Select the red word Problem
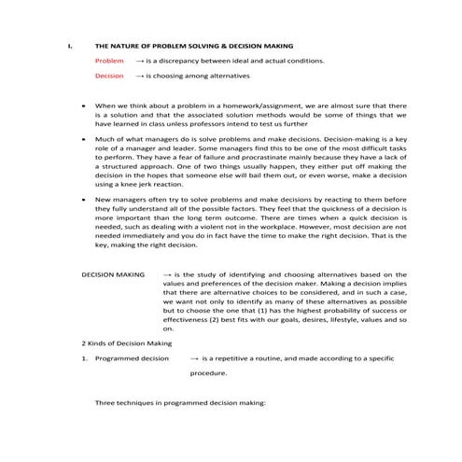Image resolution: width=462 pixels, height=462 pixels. point(109,60)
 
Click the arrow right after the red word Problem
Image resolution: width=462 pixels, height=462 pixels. point(139,60)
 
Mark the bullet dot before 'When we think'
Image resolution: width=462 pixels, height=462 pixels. point(85,105)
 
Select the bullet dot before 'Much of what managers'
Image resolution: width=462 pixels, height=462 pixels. point(85,139)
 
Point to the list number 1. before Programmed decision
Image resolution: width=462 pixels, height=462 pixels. point(84,357)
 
